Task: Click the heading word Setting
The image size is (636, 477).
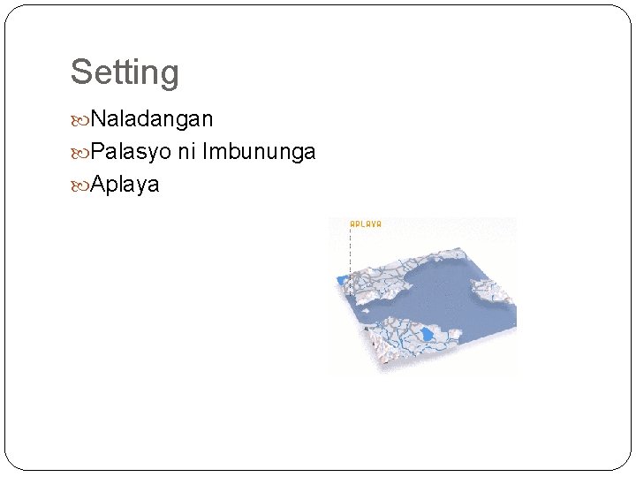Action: (125, 72)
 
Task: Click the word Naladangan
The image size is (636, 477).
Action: (152, 119)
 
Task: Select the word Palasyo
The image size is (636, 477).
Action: (131, 152)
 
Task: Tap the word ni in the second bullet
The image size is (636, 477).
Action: (186, 152)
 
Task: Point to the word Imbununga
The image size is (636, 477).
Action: (259, 152)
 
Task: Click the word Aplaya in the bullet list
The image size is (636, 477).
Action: (125, 185)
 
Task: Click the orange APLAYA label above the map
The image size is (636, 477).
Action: (366, 224)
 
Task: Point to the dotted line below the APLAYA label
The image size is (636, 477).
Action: (351, 252)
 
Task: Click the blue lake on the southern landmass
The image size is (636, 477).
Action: (428, 335)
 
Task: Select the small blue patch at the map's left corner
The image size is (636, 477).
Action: (342, 281)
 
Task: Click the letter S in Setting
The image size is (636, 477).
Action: (79, 72)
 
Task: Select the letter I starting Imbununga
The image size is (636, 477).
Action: (205, 152)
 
